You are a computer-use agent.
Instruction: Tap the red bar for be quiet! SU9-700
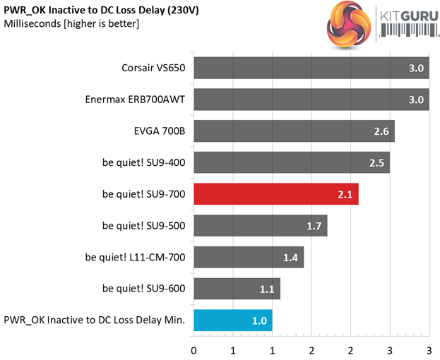coord(276,194)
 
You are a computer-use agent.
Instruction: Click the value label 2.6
coord(381,131)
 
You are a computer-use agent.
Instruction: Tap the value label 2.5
coord(376,163)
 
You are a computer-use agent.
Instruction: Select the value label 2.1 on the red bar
coord(345,194)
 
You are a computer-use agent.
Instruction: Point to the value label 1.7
coord(314,226)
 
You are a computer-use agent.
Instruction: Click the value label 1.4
coord(290,257)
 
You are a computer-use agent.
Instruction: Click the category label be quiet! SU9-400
coord(143,163)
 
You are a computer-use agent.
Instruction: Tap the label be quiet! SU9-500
coord(143,226)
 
